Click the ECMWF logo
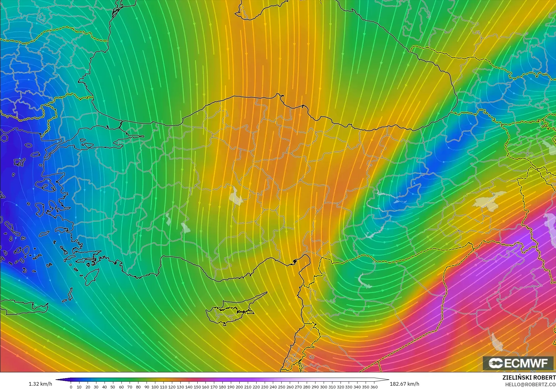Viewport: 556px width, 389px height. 518,363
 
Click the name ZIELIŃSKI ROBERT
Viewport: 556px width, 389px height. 529,378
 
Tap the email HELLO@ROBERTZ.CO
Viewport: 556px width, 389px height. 530,384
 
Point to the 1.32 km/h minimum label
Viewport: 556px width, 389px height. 40,384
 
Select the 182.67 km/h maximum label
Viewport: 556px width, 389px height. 404,384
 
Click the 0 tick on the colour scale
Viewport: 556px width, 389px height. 71,387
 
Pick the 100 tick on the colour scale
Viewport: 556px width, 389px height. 155,387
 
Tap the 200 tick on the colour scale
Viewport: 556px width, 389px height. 239,387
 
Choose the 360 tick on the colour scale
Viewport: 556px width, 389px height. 374,387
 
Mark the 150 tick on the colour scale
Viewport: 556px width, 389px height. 197,387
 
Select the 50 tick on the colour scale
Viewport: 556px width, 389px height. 113,387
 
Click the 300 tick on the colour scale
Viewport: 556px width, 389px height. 324,387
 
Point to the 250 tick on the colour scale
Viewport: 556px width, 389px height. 281,387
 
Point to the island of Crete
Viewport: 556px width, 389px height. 24,307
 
